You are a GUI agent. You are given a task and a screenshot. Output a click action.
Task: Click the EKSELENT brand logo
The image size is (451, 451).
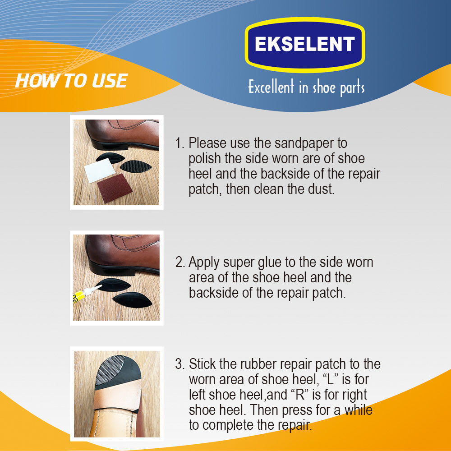point(305,44)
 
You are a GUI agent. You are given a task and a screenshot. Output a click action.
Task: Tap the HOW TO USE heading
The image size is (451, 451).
point(71,81)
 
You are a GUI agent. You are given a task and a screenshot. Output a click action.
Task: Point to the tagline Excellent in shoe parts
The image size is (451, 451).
point(306,87)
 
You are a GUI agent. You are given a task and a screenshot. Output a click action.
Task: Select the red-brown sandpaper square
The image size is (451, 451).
point(115,189)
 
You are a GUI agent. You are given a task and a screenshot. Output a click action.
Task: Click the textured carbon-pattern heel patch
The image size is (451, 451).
point(136,166)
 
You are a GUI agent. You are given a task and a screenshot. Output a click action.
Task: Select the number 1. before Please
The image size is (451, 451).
point(179,143)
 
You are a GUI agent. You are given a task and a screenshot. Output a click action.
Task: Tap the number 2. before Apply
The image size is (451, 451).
point(180,262)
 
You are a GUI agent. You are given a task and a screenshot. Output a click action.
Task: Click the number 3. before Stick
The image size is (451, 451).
point(180,364)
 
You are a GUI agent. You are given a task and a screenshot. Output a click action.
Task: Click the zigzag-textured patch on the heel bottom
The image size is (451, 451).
point(110,370)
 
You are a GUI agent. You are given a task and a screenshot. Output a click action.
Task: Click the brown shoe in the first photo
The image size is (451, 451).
point(122,134)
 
